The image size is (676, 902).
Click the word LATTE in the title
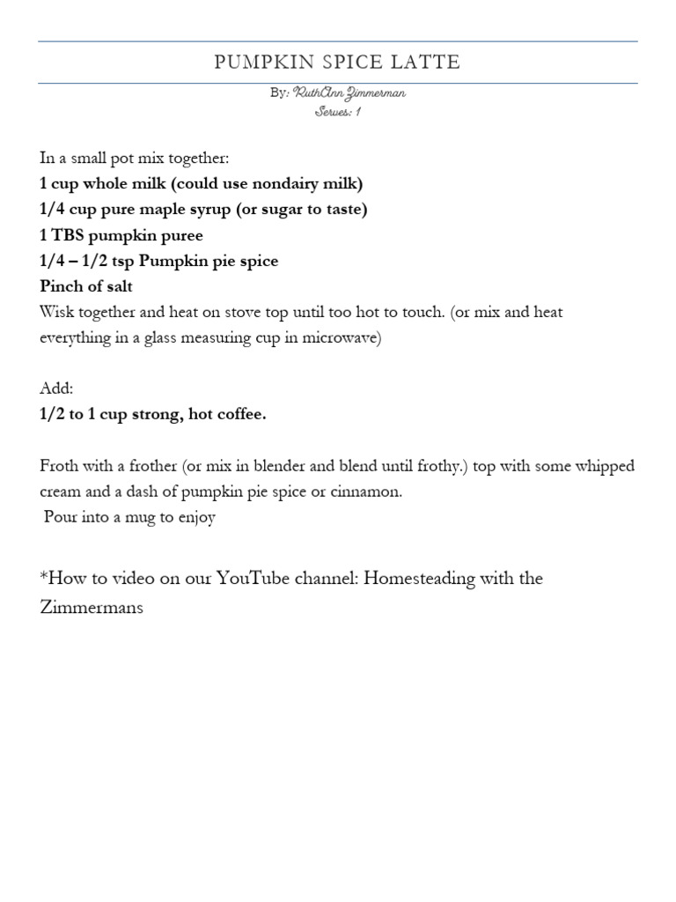426,63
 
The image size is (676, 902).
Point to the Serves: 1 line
338,112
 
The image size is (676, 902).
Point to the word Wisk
56,312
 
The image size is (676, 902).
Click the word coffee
241,415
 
